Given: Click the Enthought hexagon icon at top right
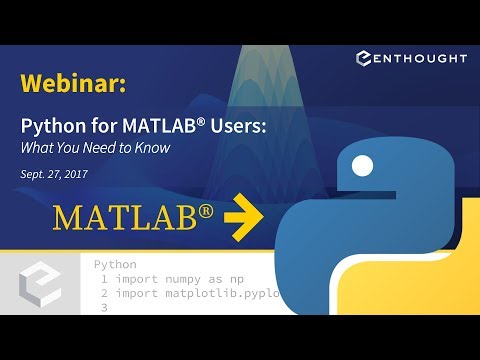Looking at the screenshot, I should coord(365,59).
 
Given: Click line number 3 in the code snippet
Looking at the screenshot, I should coord(104,309).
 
